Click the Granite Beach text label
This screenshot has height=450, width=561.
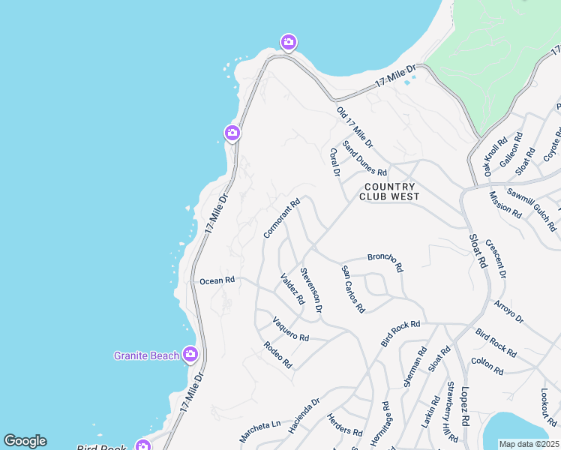click(x=146, y=355)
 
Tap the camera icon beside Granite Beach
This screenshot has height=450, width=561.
click(x=190, y=354)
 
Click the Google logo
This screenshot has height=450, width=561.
click(x=25, y=441)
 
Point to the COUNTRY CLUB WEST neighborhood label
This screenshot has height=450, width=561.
click(x=388, y=191)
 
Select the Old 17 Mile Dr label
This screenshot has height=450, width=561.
click(x=355, y=127)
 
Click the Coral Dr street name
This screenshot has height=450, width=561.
click(x=335, y=163)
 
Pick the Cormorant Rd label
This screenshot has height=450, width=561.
click(x=281, y=218)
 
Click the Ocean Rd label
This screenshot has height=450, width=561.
click(x=217, y=280)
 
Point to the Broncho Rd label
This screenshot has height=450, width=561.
click(x=385, y=262)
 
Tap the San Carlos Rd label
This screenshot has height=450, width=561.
click(x=352, y=289)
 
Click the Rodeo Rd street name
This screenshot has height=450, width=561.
click(x=277, y=355)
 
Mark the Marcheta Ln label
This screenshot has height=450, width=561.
click(x=259, y=430)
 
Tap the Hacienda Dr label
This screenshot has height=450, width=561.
click(x=304, y=415)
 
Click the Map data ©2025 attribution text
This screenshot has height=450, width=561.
click(x=529, y=444)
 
